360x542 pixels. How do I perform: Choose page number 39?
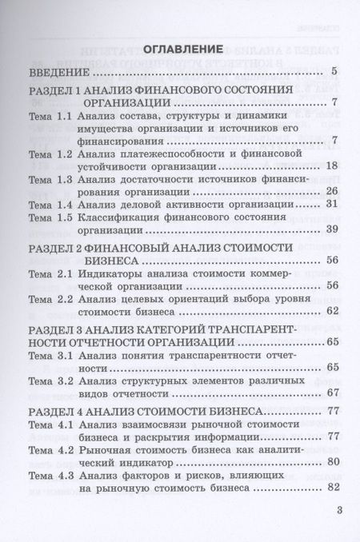click(x=334, y=231)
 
